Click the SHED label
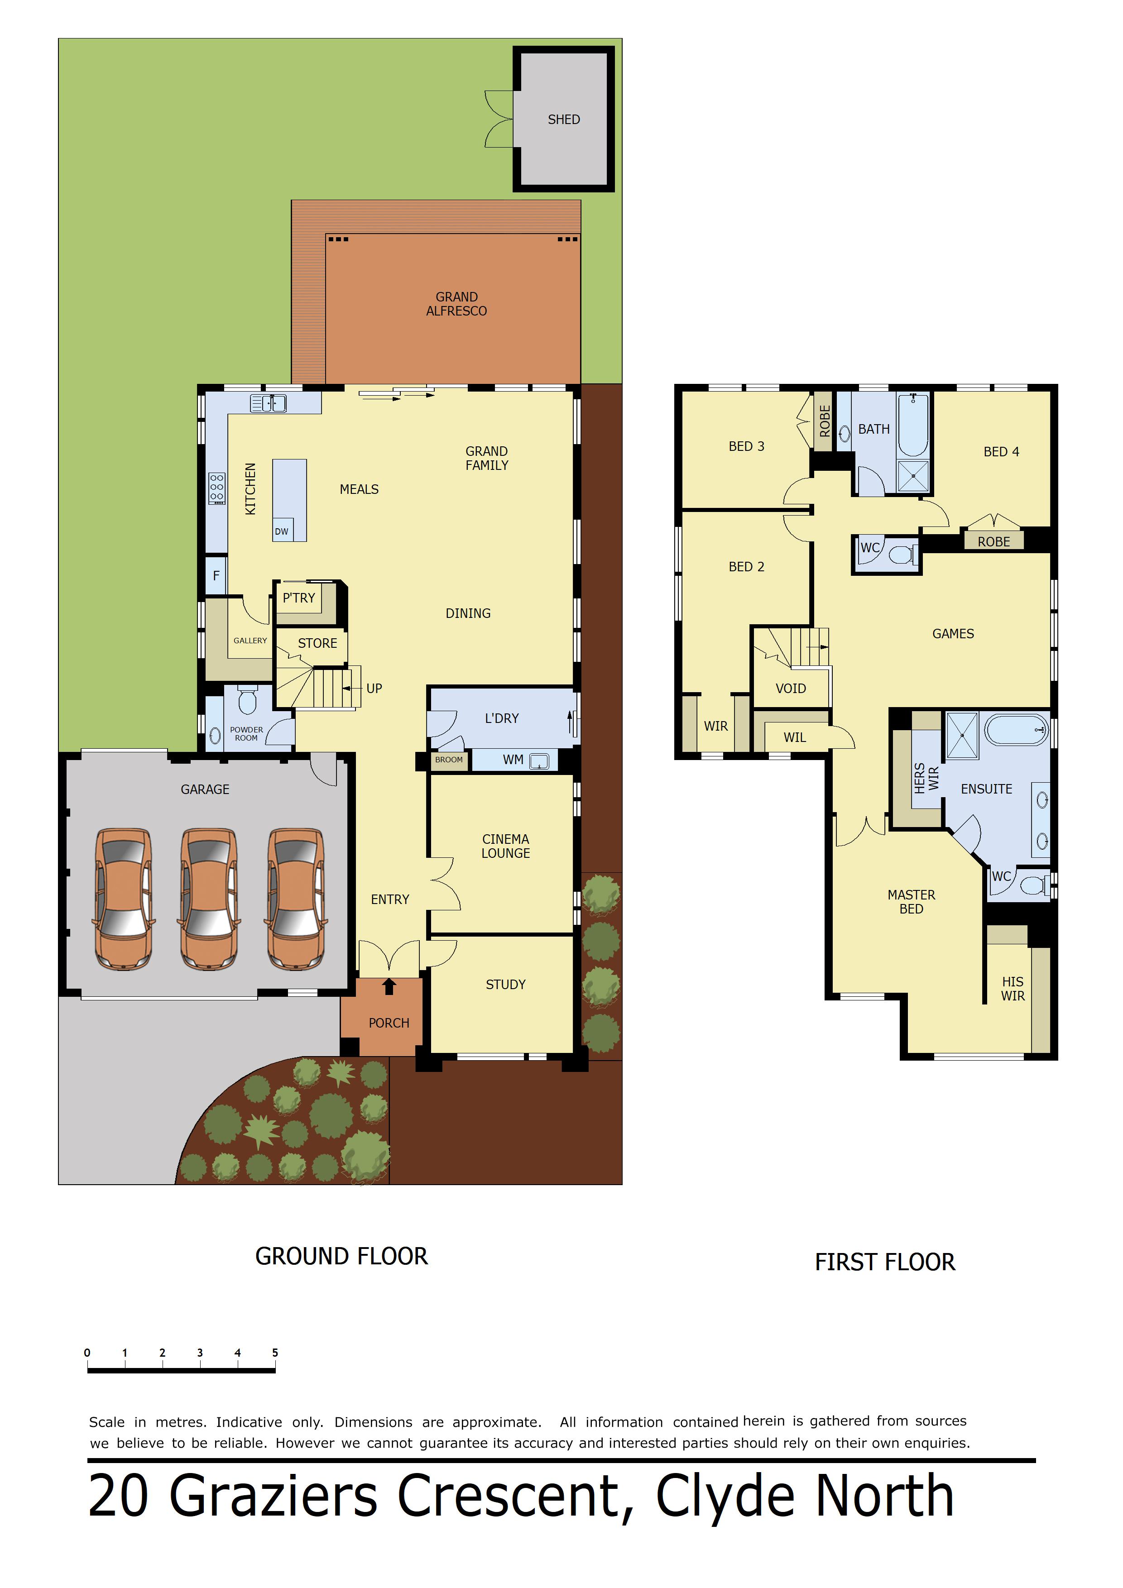[564, 120]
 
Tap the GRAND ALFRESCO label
[457, 304]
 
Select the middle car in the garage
[208, 899]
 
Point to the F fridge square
[216, 575]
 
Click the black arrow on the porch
[389, 986]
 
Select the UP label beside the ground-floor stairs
[374, 688]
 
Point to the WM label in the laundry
[513, 760]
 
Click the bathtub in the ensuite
[1017, 730]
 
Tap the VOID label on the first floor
[791, 688]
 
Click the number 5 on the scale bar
[275, 1352]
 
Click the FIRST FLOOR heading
[885, 1262]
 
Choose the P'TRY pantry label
[299, 598]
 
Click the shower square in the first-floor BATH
[913, 476]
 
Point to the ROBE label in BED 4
[993, 541]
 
